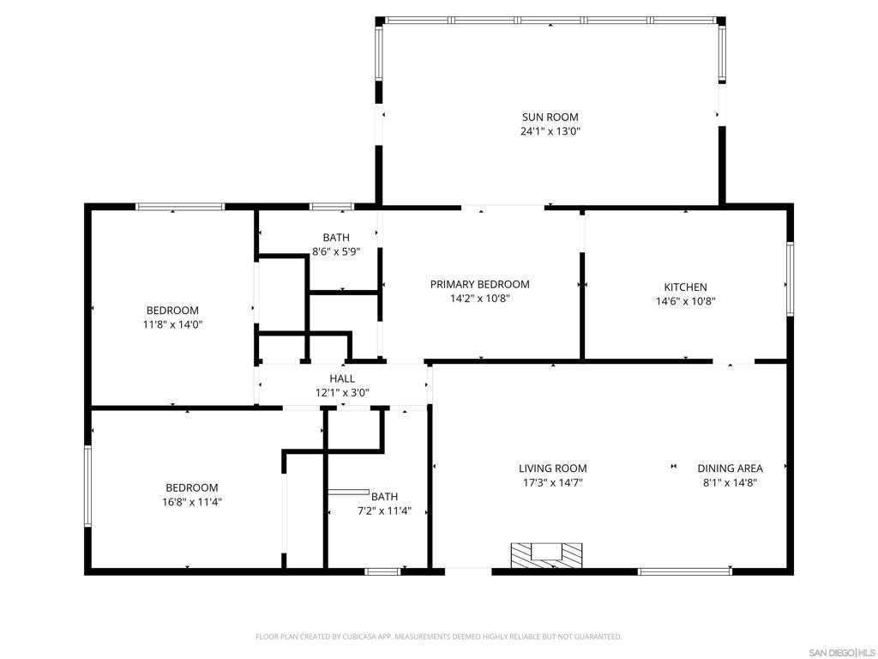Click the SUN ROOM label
click(x=550, y=117)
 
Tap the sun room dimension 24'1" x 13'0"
click(x=550, y=131)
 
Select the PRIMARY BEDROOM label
click(x=480, y=285)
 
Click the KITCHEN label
click(x=685, y=287)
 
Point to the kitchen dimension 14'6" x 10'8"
click(x=685, y=301)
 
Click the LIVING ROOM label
click(x=553, y=469)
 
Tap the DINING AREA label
click(x=731, y=469)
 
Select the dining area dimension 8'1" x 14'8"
click(x=731, y=483)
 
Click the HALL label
click(x=342, y=378)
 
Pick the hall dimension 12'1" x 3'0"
click(x=342, y=393)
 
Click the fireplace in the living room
click(x=546, y=555)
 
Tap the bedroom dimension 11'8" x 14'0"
click(x=172, y=324)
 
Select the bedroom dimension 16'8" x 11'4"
click(x=192, y=502)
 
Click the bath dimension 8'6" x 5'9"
click(x=336, y=252)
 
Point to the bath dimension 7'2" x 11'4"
click(x=385, y=511)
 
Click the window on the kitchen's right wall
click(x=790, y=279)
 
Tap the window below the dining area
click(x=685, y=571)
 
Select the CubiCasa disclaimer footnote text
click(x=439, y=637)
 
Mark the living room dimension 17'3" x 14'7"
click(x=553, y=483)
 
